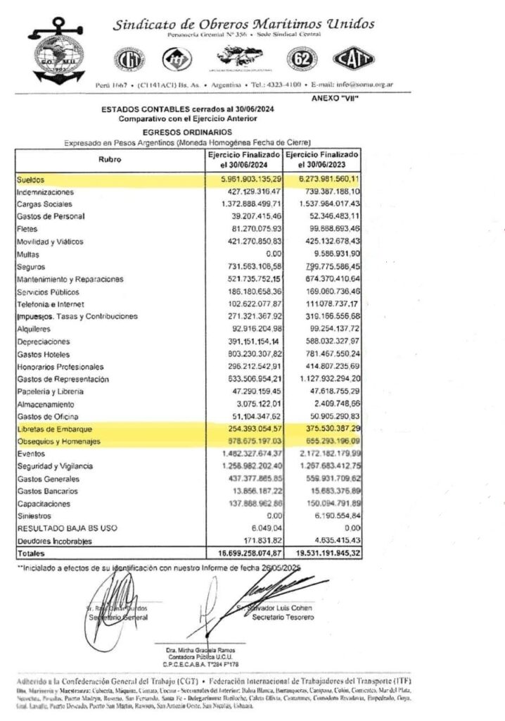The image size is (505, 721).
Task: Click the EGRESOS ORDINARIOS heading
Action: point(186,132)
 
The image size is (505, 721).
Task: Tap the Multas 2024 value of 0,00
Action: point(271,253)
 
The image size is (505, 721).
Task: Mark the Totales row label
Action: point(31,554)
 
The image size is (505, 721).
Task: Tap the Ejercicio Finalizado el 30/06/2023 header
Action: point(322,160)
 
